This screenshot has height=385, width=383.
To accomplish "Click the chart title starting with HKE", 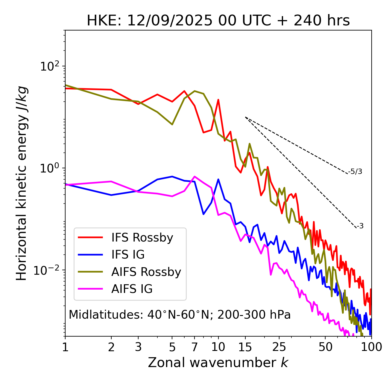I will (x=218, y=21).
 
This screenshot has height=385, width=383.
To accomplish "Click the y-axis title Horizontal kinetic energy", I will (x=22, y=183).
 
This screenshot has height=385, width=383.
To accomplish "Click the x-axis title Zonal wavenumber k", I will (x=218, y=362).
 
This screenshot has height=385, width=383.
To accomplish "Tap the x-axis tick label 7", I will (x=194, y=347).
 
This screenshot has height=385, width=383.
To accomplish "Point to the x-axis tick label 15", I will (x=245, y=347).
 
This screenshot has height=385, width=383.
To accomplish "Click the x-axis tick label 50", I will (x=325, y=347).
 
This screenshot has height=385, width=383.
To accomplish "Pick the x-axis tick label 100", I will (x=371, y=347).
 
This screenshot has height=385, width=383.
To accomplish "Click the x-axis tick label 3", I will (x=138, y=347).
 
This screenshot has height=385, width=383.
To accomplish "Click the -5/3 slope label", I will (x=355, y=172).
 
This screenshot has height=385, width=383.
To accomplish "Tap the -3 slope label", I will (x=360, y=226).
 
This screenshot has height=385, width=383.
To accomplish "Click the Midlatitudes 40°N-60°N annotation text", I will (x=180, y=315).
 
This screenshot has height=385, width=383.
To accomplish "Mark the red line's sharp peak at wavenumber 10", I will (x=218, y=100).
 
